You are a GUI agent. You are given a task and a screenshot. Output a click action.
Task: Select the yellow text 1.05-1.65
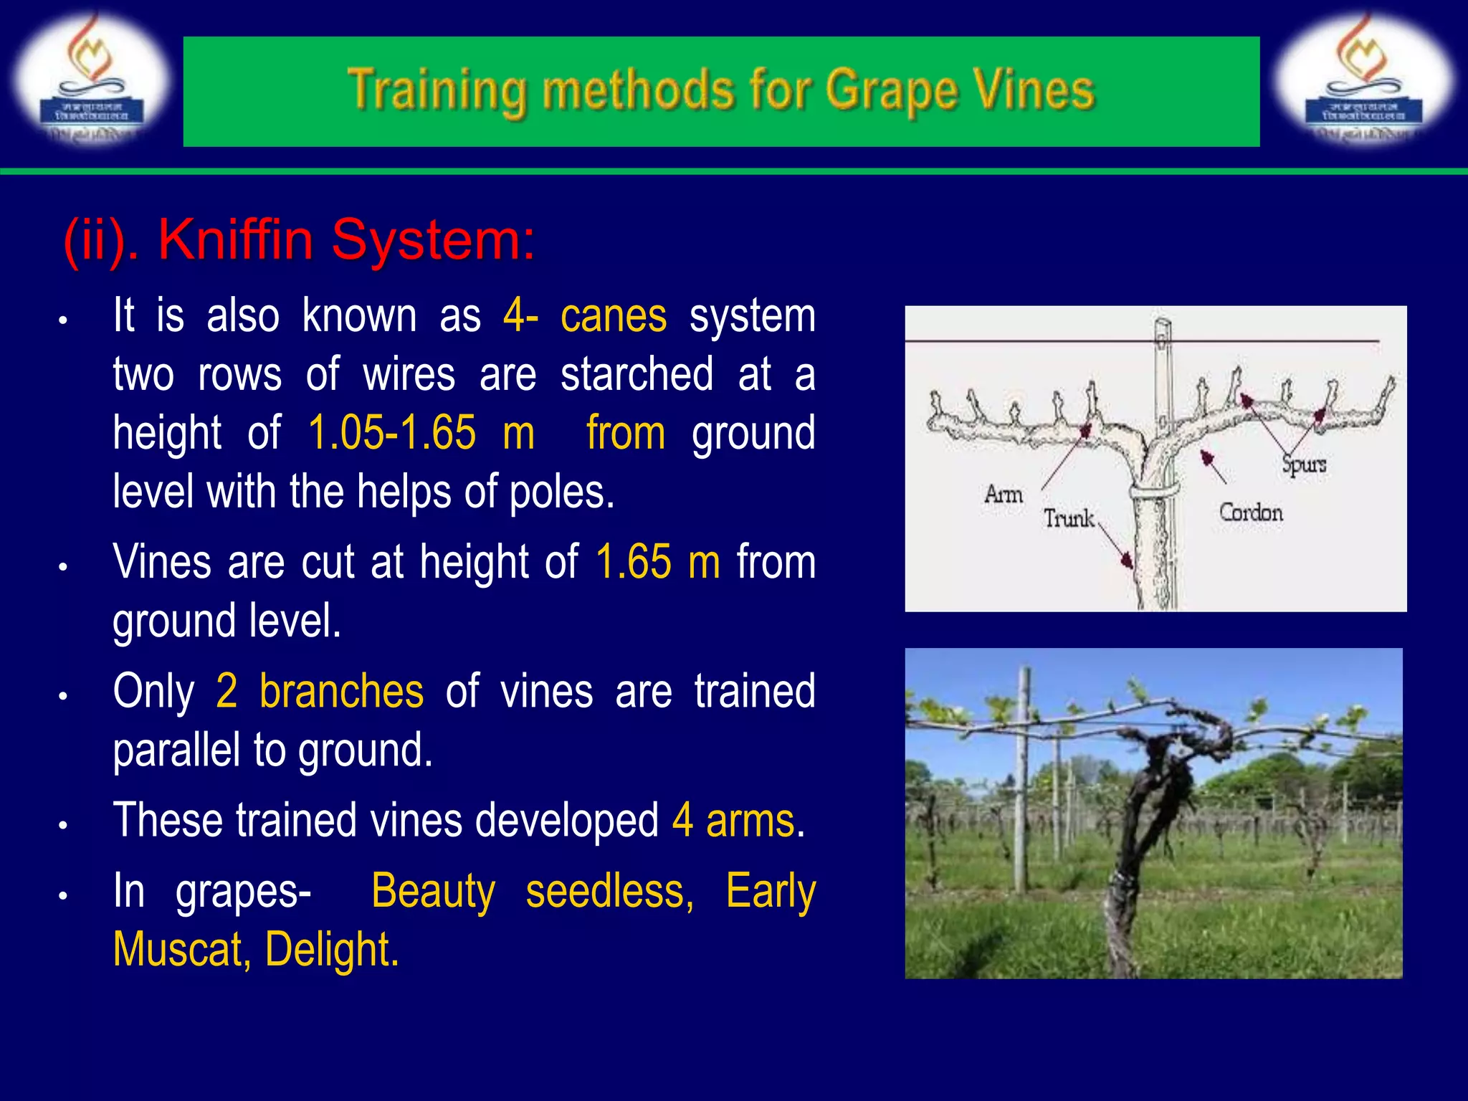[391, 433]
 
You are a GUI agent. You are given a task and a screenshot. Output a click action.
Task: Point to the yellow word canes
[613, 316]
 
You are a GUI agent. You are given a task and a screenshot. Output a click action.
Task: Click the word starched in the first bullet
[637, 374]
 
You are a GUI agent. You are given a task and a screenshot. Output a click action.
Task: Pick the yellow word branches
[341, 691]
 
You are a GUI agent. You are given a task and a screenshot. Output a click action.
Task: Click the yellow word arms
[750, 821]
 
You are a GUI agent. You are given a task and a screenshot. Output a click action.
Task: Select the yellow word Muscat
[181, 950]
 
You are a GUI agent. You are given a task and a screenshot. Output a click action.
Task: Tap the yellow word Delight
[331, 950]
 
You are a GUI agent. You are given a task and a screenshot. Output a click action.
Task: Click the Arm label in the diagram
[1003, 494]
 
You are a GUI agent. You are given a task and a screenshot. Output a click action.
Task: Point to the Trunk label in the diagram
[1068, 518]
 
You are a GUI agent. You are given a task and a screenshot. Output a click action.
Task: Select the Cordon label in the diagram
[1251, 513]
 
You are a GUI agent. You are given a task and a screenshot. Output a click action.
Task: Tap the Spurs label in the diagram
[1304, 464]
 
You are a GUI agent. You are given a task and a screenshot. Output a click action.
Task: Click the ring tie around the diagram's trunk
[1154, 492]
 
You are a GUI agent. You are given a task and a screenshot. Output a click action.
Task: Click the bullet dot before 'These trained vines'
[63, 825]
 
